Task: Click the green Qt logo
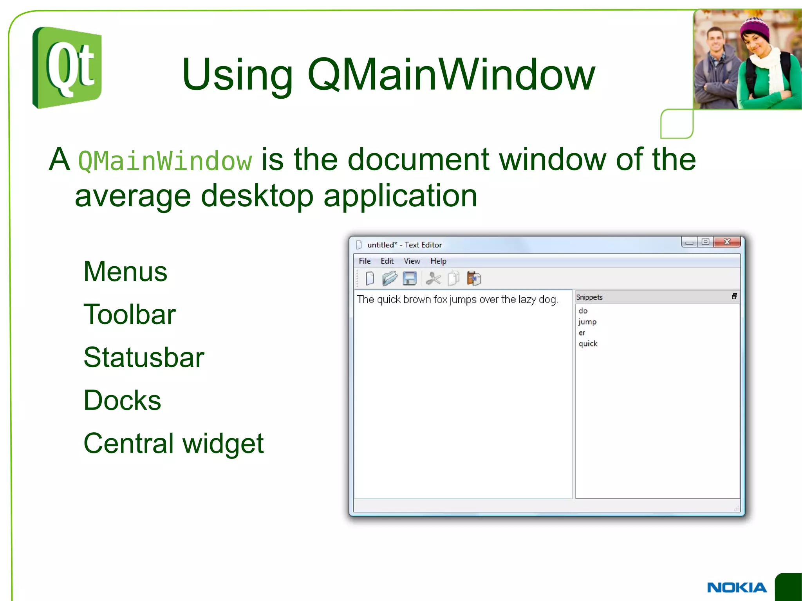coord(67,67)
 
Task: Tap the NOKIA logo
coord(737,587)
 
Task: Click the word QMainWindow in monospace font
coord(165,161)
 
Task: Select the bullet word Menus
coord(125,271)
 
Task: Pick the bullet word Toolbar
coord(130,314)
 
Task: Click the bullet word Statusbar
coord(144,357)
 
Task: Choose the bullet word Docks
coord(122,401)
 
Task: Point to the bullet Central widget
coord(173,444)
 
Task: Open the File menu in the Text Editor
coord(365,261)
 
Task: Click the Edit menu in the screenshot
coord(387,261)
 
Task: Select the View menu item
coord(412,261)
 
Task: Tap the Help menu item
coord(438,261)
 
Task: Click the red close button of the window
coord(727,242)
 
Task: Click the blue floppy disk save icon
coord(410,279)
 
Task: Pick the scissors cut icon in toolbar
coord(433,279)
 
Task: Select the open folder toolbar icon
coord(390,279)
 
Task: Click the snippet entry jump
coord(587,322)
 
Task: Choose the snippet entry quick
coord(588,344)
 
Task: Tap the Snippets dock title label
coord(589,298)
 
